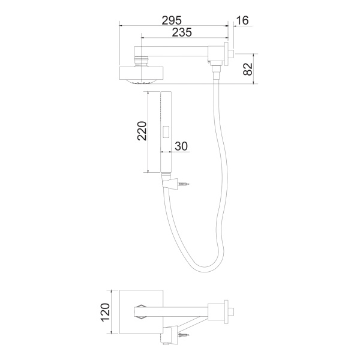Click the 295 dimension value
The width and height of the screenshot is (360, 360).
click(x=172, y=20)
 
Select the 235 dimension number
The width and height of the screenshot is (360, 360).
click(x=182, y=32)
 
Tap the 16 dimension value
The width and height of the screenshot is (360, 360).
click(x=242, y=20)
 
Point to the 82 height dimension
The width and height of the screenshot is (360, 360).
click(x=248, y=69)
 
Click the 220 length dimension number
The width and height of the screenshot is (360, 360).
click(x=142, y=131)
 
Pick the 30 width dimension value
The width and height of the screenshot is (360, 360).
click(x=181, y=146)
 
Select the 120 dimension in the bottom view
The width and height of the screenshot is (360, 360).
click(x=106, y=312)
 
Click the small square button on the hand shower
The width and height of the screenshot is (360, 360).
click(x=166, y=132)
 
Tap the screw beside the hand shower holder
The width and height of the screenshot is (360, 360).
click(x=184, y=184)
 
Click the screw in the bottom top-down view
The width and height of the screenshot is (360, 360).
click(x=184, y=335)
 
